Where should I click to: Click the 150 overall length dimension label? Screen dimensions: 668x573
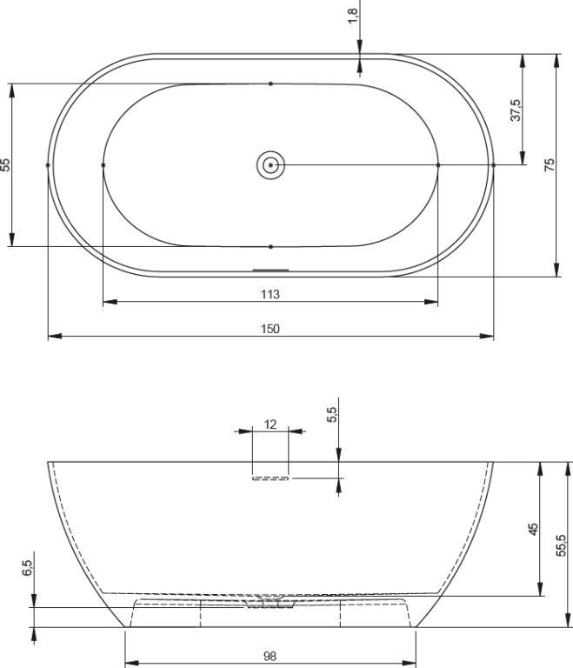tap(270, 328)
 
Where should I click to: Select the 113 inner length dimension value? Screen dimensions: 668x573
tap(270, 294)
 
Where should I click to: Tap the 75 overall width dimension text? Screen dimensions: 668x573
tap(549, 164)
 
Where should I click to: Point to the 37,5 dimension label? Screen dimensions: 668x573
tap(515, 110)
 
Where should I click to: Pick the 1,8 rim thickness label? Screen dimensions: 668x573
tap(352, 15)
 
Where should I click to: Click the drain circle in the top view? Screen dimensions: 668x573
tap(271, 164)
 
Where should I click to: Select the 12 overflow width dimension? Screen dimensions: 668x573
tap(270, 424)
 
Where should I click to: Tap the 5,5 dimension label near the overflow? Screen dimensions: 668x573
tap(331, 415)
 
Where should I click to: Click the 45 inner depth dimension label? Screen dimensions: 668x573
tap(533, 528)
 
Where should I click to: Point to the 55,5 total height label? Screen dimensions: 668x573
tap(561, 544)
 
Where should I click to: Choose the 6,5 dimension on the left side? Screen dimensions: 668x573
tap(27, 569)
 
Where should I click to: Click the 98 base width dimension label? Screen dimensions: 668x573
tap(270, 658)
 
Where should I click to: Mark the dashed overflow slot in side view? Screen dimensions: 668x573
tap(270, 478)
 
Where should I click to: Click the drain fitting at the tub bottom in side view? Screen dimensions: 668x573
tap(271, 603)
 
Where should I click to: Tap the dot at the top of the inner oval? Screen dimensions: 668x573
tap(271, 83)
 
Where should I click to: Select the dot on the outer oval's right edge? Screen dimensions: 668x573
tap(493, 164)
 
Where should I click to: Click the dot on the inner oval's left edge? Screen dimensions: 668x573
tap(103, 164)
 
